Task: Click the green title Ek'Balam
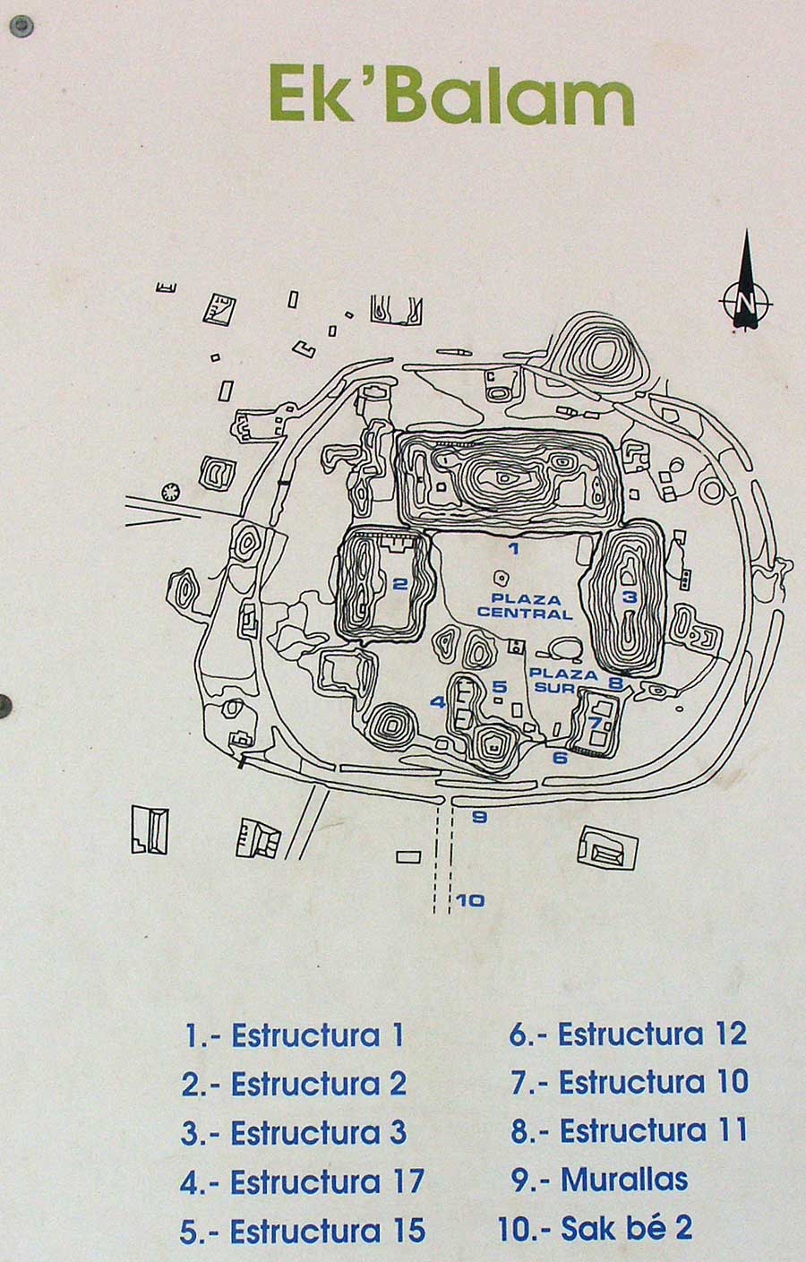pyautogui.click(x=451, y=98)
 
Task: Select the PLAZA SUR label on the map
pyautogui.click(x=563, y=680)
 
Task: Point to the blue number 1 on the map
pyautogui.click(x=513, y=549)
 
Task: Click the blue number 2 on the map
pyautogui.click(x=400, y=584)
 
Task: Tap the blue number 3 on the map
pyautogui.click(x=630, y=597)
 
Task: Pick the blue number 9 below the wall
pyautogui.click(x=478, y=817)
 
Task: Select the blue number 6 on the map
pyautogui.click(x=560, y=758)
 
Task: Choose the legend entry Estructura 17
pyautogui.click(x=302, y=1182)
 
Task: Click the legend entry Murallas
pyautogui.click(x=600, y=1180)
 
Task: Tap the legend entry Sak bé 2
pyautogui.click(x=596, y=1228)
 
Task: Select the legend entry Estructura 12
pyautogui.click(x=628, y=1034)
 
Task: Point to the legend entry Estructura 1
pyautogui.click(x=295, y=1035)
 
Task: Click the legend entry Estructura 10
pyautogui.click(x=630, y=1082)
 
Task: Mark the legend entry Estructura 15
pyautogui.click(x=302, y=1232)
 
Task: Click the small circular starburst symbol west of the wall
pyautogui.click(x=169, y=491)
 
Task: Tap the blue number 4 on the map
pyautogui.click(x=438, y=702)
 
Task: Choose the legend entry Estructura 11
pyautogui.click(x=630, y=1130)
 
